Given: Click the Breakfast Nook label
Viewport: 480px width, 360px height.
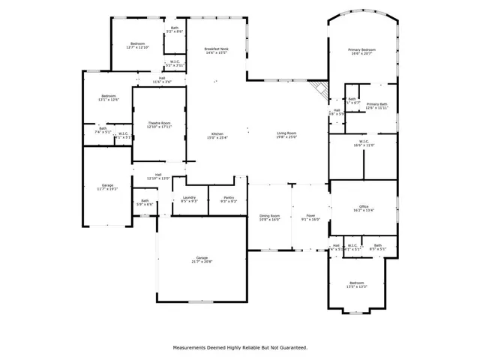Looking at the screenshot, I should click(x=217, y=49).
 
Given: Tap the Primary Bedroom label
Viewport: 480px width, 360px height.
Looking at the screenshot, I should click(x=362, y=49).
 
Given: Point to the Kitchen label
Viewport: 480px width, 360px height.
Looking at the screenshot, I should click(x=217, y=133).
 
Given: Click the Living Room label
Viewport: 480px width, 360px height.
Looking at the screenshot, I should click(x=286, y=133).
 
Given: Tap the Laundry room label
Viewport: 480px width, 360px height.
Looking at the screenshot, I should click(x=189, y=198).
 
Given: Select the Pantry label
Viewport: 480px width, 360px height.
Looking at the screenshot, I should click(x=229, y=198).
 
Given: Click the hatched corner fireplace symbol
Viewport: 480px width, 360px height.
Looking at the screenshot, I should click(x=321, y=89).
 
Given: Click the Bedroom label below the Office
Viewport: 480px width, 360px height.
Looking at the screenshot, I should click(x=356, y=284).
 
